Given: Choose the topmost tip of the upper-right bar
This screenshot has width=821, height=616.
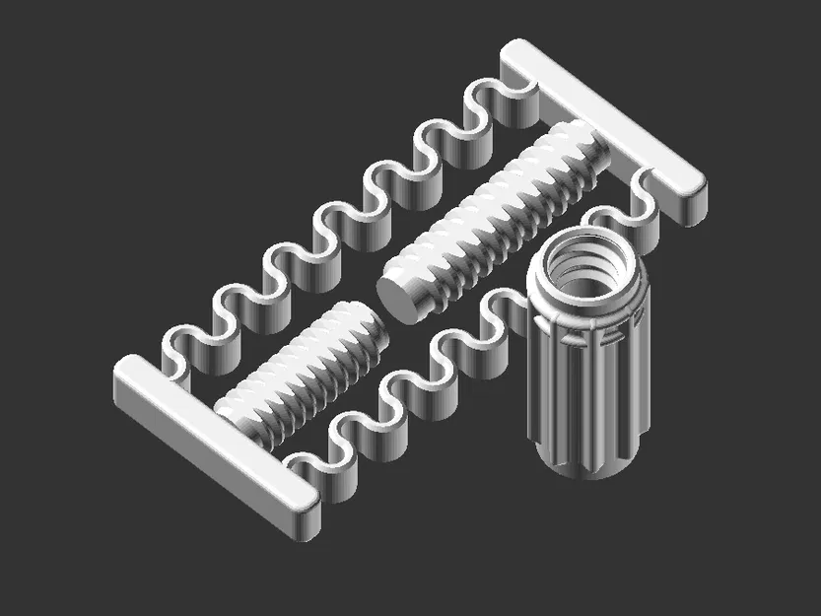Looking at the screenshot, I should [x=516, y=49].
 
